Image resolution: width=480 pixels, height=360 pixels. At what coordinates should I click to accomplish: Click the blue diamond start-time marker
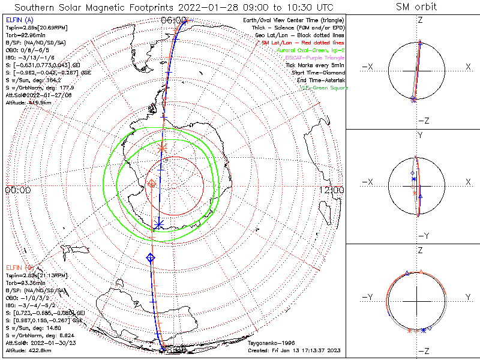150,257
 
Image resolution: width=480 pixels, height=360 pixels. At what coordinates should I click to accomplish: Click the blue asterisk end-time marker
158,224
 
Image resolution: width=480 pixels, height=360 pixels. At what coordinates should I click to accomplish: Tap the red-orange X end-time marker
161,148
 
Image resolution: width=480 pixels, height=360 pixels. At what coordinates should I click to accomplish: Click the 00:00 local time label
17,190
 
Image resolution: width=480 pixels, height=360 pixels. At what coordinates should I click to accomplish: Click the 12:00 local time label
332,190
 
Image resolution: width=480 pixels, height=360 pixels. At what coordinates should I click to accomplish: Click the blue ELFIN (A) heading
19,20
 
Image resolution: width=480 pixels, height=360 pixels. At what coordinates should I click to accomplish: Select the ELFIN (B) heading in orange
19,267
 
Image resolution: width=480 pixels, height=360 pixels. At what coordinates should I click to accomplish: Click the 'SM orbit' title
416,7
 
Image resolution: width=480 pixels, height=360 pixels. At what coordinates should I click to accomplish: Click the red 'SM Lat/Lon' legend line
304,44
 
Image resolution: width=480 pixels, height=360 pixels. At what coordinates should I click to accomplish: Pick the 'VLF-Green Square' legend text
324,88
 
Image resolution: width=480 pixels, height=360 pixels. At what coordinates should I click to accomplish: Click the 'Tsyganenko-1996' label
269,341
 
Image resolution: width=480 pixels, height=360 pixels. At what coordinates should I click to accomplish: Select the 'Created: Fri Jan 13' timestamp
297,349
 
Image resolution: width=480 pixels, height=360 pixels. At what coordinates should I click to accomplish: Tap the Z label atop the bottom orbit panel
420,249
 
